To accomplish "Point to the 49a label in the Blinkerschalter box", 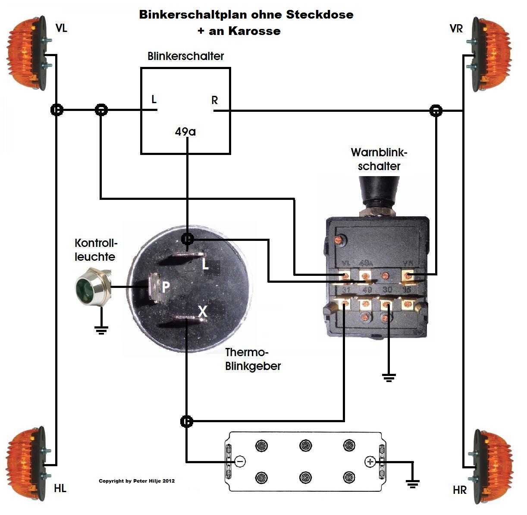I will pos(185,132).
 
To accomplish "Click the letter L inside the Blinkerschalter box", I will pos(154,100).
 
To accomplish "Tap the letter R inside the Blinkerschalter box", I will pos(214,101).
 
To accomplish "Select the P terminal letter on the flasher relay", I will pos(165,287).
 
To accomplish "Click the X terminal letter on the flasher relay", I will pos(202,311).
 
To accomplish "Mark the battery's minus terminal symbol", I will pos(240,461).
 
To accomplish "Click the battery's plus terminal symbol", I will pos(370,461).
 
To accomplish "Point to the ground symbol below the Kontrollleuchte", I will pos(101,331).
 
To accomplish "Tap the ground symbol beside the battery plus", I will pos(413,483).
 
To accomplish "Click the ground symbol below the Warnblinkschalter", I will pos(389,379).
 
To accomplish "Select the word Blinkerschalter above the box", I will pos(185,56).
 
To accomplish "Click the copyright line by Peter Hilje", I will pos(137,481).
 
